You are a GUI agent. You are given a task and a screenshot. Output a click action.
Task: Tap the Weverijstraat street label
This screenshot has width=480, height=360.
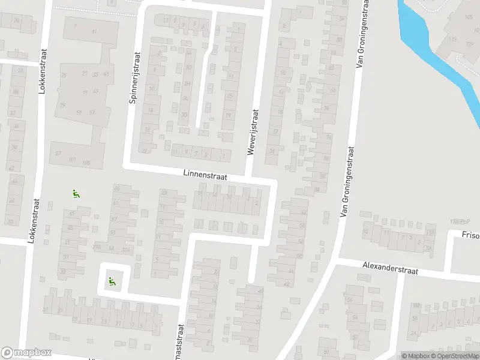pyautogui.click(x=253, y=132)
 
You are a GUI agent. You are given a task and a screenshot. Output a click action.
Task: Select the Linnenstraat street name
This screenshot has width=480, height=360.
pyautogui.click(x=203, y=173)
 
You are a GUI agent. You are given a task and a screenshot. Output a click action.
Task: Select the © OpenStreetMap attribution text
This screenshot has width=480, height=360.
pyautogui.click(x=456, y=356)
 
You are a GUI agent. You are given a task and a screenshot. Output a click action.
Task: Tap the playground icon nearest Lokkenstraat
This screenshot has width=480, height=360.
pyautogui.click(x=76, y=193)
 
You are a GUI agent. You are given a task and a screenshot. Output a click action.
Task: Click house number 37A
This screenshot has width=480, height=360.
pyautogui.click(x=96, y=248)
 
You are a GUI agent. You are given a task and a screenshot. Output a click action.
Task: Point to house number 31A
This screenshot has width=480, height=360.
pyautogui.click(x=125, y=250)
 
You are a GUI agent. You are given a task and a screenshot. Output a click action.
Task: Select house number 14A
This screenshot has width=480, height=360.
pyautogui.click(x=111, y=248)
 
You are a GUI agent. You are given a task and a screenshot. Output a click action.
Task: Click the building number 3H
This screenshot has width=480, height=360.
pyautogui.click(x=187, y=84)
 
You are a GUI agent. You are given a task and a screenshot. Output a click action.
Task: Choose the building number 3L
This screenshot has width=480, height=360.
pyautogui.click(x=185, y=98)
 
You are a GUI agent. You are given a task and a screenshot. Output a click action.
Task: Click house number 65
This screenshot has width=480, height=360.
pyautogui.click(x=117, y=189)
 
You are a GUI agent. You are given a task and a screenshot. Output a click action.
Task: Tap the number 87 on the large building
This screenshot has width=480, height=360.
pyautogui.click(x=58, y=154)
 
